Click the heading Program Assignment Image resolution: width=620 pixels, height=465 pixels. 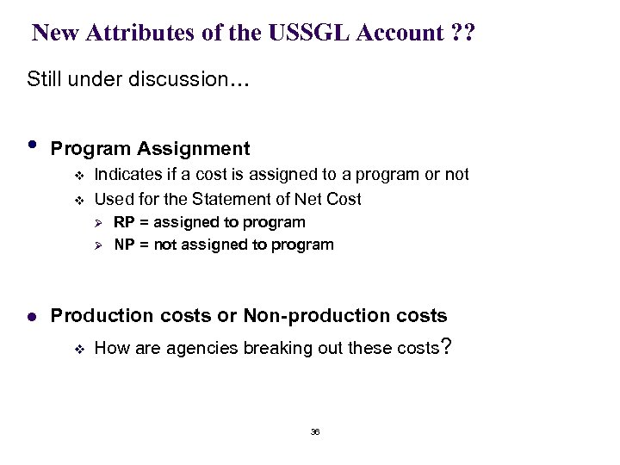tap(151, 149)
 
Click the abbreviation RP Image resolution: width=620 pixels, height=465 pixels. tap(124, 222)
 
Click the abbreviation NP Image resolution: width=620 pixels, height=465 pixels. tap(124, 245)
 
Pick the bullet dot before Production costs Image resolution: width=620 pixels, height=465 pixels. tap(32, 316)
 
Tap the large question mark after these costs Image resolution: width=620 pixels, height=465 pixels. tap(444, 346)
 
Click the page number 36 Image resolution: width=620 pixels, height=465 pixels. tap(314, 431)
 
